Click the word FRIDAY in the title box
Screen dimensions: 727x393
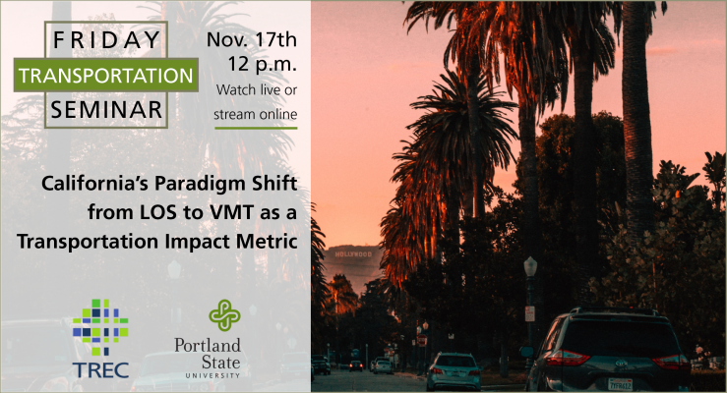tap(106, 40)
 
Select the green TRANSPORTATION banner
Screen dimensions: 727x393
tap(106, 75)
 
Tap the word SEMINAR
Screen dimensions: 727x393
tap(106, 110)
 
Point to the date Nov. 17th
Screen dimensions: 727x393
tap(251, 40)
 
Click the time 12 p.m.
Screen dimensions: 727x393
tap(262, 64)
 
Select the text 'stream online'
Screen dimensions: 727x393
tap(256, 114)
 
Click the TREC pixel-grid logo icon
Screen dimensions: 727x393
tap(100, 327)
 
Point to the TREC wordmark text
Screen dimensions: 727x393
tap(100, 370)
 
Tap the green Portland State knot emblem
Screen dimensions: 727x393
tap(224, 314)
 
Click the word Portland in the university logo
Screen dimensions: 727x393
tap(208, 345)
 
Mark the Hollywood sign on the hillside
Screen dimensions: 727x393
tap(353, 254)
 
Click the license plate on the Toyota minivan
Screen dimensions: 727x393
tap(620, 384)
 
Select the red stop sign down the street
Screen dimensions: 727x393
tap(422, 341)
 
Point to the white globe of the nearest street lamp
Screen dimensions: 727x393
tap(530, 267)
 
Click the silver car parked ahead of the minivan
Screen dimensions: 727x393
tap(454, 371)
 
